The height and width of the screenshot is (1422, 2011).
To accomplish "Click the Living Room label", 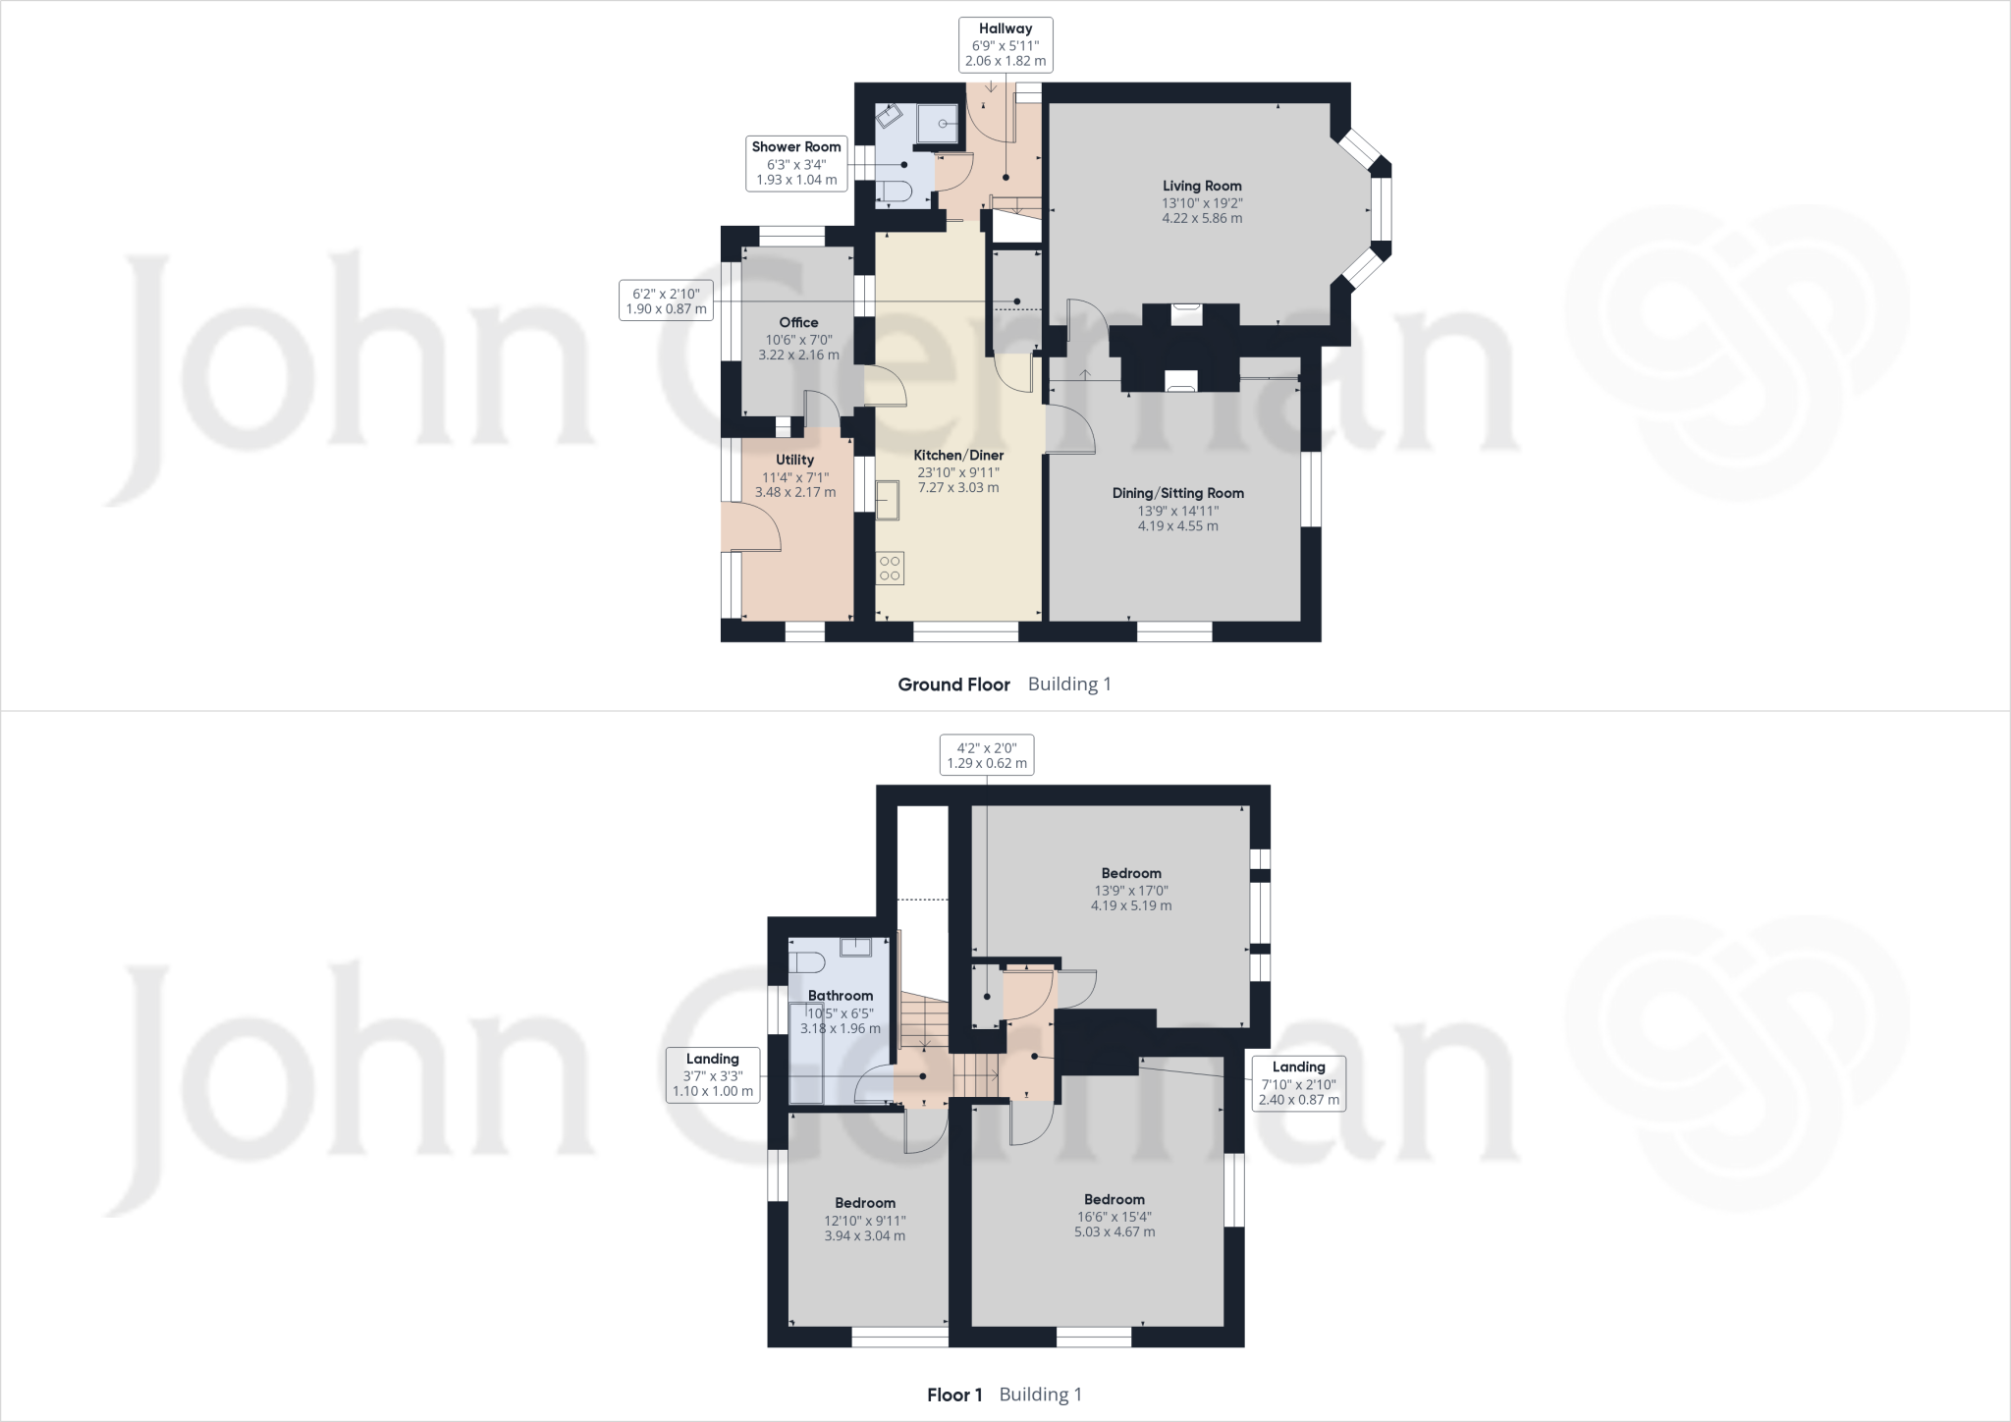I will pyautogui.click(x=1202, y=187).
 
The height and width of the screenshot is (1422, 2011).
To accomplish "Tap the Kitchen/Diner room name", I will pyautogui.click(x=958, y=456).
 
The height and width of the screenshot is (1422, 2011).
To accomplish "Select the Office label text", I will pyautogui.click(x=798, y=322).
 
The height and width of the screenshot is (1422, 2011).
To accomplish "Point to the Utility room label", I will pyautogui.click(x=794, y=460).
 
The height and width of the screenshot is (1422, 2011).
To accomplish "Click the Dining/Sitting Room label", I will pyautogui.click(x=1177, y=493).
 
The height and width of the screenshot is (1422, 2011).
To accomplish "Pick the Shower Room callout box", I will pyautogui.click(x=796, y=163).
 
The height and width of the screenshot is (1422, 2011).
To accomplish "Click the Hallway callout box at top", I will pyautogui.click(x=1005, y=45).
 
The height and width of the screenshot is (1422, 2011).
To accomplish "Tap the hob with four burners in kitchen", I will pyautogui.click(x=891, y=569).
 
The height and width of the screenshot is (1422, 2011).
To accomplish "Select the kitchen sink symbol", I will pyautogui.click(x=888, y=500).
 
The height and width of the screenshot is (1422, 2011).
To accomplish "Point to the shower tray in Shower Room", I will pyautogui.click(x=937, y=125).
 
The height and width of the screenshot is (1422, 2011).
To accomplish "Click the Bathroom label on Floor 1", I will pyautogui.click(x=840, y=996).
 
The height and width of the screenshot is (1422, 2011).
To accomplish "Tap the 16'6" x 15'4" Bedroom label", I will pyautogui.click(x=1114, y=1199).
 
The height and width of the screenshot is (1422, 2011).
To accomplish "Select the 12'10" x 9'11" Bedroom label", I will pyautogui.click(x=864, y=1203).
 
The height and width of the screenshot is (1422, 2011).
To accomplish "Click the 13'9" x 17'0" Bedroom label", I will pyautogui.click(x=1130, y=873).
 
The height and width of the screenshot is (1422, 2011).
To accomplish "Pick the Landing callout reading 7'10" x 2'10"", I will pyautogui.click(x=1298, y=1083).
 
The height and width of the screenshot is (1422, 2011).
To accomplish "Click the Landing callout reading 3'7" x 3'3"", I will pyautogui.click(x=712, y=1074).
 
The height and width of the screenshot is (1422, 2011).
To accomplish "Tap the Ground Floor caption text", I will pyautogui.click(x=953, y=684).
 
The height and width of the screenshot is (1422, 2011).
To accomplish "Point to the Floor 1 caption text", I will pyautogui.click(x=954, y=1395).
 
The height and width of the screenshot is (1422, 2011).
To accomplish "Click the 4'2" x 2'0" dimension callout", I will pyautogui.click(x=986, y=755).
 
